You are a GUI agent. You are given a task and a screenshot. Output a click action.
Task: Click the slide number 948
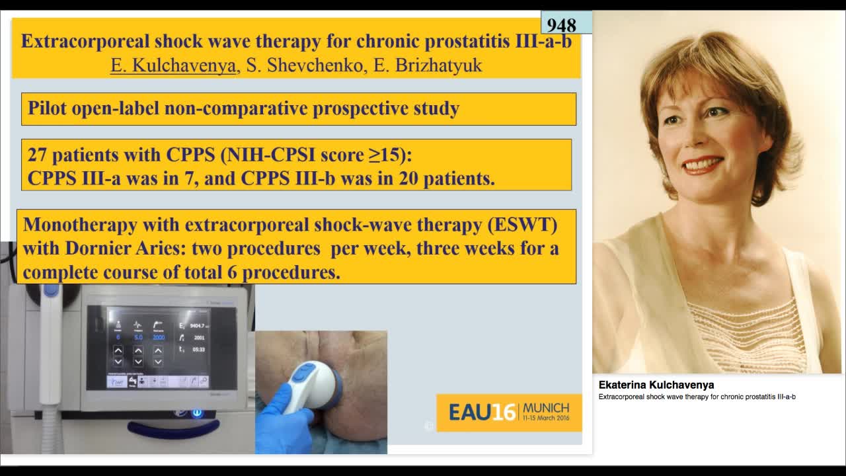tap(561, 25)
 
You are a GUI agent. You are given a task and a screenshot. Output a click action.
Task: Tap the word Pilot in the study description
tap(47, 108)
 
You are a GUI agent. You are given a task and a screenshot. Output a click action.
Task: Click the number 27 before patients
tap(37, 155)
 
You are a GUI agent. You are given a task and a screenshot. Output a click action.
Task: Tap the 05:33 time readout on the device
tap(198, 348)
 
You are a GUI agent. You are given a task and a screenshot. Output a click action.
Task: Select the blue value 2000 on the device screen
tap(159, 337)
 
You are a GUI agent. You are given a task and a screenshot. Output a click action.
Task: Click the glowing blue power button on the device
tap(196, 413)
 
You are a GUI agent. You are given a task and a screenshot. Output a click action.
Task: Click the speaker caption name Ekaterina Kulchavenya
tap(656, 385)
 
